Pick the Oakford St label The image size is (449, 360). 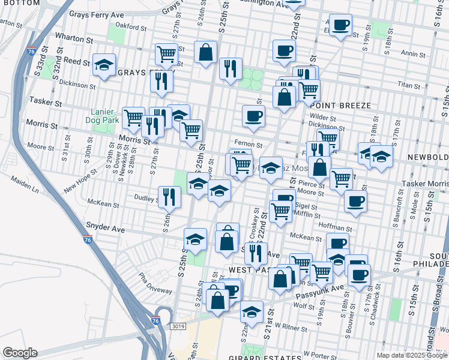pyautogui.click(x=131, y=26)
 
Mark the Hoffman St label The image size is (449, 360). pyautogui.click(x=336, y=228)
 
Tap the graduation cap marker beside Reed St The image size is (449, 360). pyautogui.click(x=104, y=65)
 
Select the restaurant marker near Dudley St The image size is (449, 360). pyautogui.click(x=170, y=196)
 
